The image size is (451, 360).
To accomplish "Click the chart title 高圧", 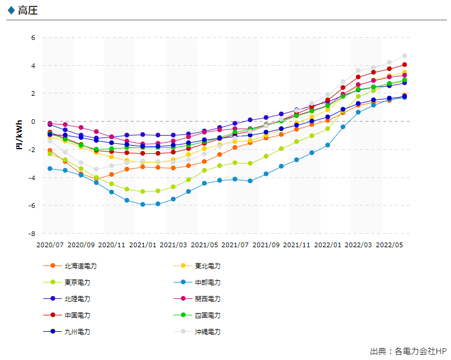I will coord(28,11).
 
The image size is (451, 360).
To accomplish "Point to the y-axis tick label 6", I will coord(33,38).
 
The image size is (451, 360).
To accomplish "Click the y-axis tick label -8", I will coord(32,234).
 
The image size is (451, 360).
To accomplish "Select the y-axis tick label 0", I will coord(33,122).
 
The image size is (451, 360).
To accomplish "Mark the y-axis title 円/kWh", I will coord(19,135).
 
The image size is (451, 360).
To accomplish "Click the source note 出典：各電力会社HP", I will coord(408,351).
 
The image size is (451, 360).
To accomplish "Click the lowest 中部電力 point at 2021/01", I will coord(143,204).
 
